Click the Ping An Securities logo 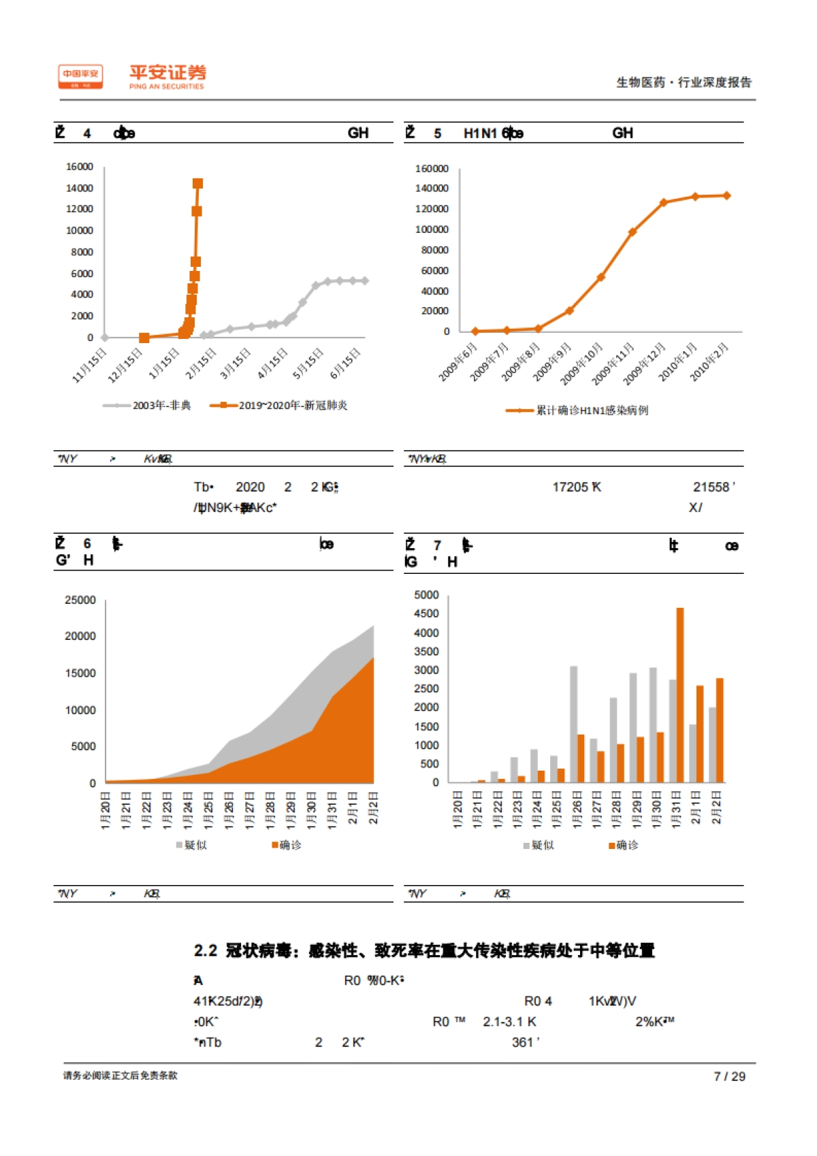tap(132, 76)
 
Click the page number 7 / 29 tap(729, 1076)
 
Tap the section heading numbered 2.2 tap(423, 950)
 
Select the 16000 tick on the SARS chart tap(80, 167)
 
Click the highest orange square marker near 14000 tap(197, 183)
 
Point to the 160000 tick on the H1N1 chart tap(432, 168)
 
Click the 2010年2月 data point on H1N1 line tap(726, 195)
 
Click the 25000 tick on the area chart tap(80, 600)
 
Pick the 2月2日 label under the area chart tap(373, 808)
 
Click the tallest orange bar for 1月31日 tap(679, 694)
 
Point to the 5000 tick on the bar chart tap(426, 595)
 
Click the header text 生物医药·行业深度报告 tap(684, 82)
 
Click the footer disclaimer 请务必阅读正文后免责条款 tap(120, 1076)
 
